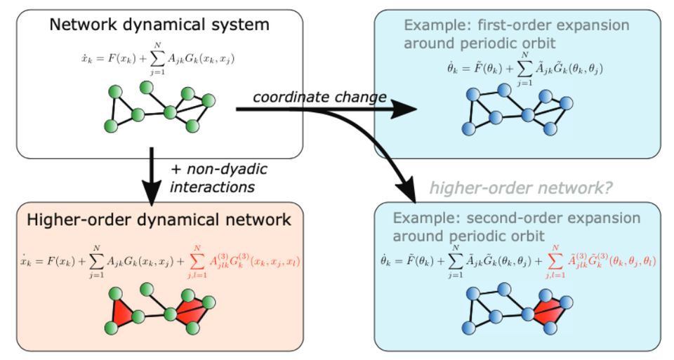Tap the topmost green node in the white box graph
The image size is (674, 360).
coord(147,86)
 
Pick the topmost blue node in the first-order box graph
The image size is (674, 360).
coord(503,89)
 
